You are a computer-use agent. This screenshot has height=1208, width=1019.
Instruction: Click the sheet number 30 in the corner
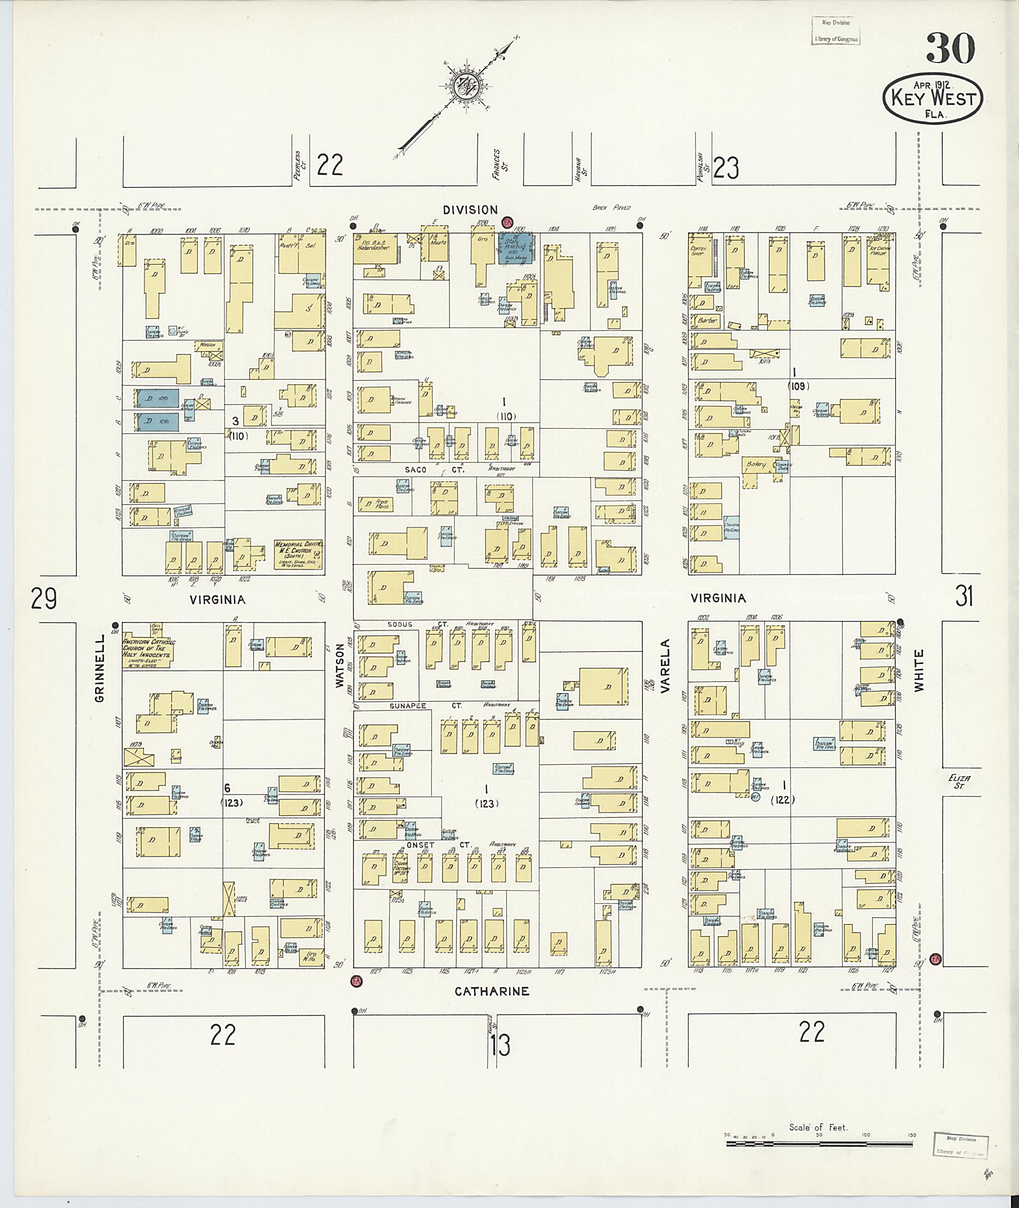coord(950,49)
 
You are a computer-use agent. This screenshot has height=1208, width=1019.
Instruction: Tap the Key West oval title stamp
coord(932,97)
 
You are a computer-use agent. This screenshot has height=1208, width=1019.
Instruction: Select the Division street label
coord(470,210)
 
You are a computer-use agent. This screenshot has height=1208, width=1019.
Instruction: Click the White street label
coord(919,670)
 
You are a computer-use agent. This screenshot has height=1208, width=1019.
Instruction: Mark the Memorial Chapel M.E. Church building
coord(298,555)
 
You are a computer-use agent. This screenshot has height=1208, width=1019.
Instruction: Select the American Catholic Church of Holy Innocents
coord(148,648)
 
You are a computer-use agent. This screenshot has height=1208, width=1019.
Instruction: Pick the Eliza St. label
coord(959,781)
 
